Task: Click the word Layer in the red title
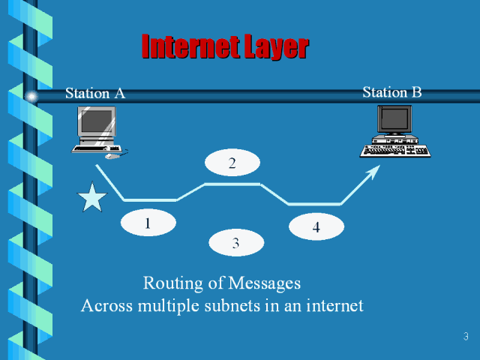click(268, 47)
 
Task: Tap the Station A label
click(95, 94)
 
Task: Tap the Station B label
click(392, 92)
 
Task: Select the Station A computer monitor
click(97, 123)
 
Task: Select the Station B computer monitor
click(394, 120)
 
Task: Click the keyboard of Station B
click(395, 150)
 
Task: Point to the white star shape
click(92, 199)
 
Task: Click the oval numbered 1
click(148, 223)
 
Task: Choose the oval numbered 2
click(232, 163)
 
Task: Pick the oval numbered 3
click(236, 242)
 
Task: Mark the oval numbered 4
click(316, 227)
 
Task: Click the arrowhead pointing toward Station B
click(371, 174)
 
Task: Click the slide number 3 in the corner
click(466, 336)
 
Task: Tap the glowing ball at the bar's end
click(31, 96)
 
